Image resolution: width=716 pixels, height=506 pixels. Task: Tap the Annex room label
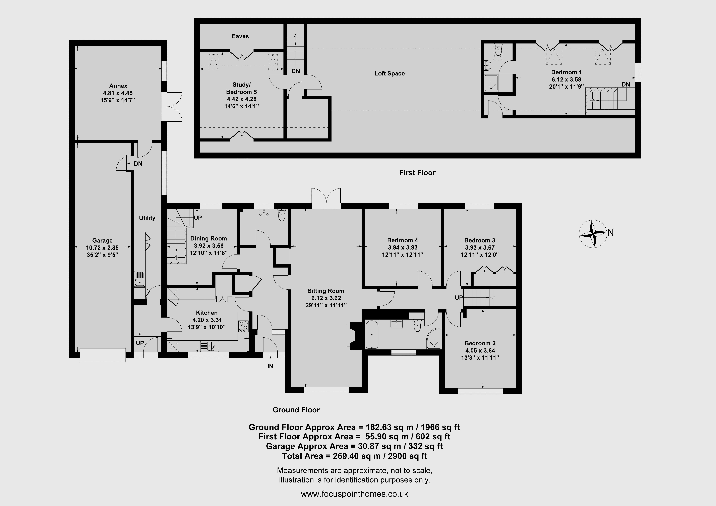coord(118,86)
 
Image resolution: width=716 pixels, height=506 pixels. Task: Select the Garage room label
coord(102,240)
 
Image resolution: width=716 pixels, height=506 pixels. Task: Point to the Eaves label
coord(240,36)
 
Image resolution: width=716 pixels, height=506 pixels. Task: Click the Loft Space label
coord(390,74)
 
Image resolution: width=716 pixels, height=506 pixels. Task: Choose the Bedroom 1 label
coord(566,72)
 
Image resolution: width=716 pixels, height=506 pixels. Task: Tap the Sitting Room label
coord(326,291)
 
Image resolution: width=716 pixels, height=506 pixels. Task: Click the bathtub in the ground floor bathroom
coord(372,335)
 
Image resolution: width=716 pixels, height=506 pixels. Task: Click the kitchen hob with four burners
coord(243,326)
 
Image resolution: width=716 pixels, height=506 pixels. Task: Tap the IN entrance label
coord(270,366)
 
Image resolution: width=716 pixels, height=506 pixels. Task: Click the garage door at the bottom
coord(103,355)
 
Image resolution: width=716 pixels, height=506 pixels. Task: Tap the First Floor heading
coord(417,173)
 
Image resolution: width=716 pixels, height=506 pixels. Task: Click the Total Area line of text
coord(355,456)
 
